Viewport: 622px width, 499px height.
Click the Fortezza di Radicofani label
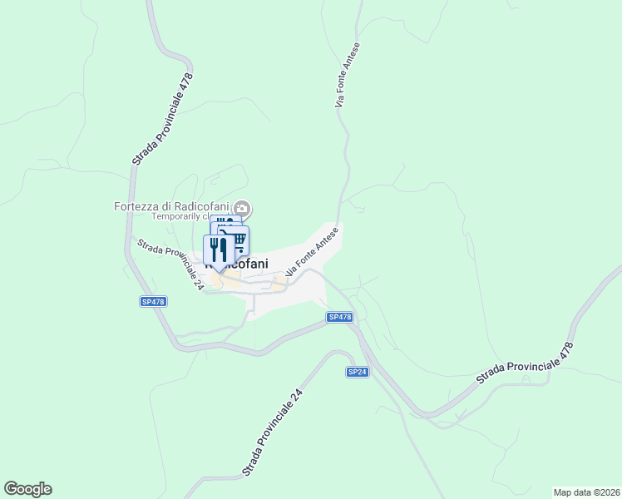[172, 207]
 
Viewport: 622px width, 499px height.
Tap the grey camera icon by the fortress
[242, 207]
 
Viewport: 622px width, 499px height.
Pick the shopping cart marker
[238, 240]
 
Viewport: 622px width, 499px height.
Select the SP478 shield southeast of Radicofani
[339, 317]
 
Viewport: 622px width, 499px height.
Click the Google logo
[27, 489]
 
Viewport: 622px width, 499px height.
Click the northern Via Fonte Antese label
[348, 75]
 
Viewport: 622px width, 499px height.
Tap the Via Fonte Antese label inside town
[313, 252]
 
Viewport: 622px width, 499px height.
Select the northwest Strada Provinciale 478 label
[162, 118]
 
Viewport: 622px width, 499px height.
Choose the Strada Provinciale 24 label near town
[170, 264]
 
